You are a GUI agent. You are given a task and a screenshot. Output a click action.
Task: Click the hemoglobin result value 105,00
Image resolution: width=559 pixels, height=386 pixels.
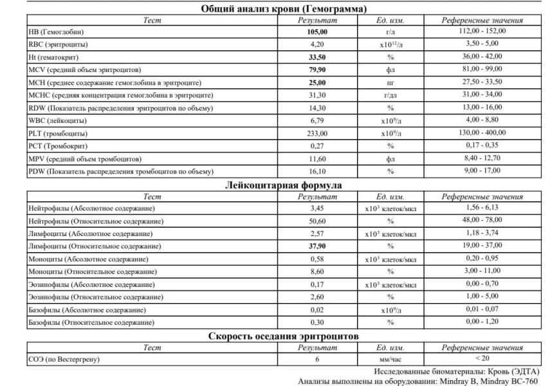[317, 32]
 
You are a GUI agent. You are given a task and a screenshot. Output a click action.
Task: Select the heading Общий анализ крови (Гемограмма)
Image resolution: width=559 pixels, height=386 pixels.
[284, 9]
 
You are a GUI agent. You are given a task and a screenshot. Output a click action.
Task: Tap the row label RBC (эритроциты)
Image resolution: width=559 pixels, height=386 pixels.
[59, 44]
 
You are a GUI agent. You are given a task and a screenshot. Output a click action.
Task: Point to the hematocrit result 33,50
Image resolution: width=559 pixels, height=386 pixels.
[317, 57]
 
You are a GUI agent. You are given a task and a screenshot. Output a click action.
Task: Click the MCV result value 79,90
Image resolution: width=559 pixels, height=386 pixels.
[317, 69]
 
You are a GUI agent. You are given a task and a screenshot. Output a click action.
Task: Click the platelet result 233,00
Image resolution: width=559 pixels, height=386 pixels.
[317, 133]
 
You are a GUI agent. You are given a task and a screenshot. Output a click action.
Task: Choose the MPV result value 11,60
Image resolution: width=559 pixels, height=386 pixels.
[317, 158]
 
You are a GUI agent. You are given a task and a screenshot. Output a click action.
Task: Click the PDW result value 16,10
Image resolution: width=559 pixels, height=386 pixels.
[317, 171]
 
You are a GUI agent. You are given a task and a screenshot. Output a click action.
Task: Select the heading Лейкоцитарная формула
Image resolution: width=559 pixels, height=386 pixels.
[284, 185]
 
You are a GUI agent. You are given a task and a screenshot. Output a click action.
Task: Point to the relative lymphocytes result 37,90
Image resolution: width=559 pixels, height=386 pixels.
[317, 246]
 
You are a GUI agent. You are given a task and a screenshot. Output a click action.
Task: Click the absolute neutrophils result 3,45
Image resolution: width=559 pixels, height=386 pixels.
[317, 208]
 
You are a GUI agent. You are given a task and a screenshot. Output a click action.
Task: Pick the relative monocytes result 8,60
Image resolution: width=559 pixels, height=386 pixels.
[317, 271]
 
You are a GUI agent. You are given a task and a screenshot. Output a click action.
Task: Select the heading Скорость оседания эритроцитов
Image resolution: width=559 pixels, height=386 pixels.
[284, 336]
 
